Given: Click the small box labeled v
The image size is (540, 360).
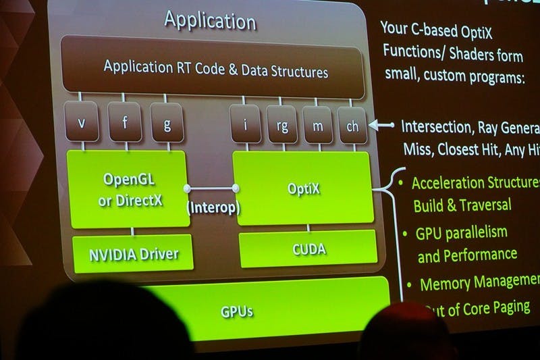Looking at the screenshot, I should [82, 124].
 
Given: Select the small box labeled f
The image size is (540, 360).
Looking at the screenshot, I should [124, 124].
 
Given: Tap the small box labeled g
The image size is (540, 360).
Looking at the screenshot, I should [167, 124].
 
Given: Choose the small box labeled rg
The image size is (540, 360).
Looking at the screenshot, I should [281, 125].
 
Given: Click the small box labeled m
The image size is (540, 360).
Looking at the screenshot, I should [317, 125].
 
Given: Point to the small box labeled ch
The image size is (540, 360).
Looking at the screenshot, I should [352, 126].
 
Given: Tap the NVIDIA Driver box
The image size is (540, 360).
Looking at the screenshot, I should [134, 254].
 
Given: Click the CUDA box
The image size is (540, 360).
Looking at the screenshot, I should [308, 249].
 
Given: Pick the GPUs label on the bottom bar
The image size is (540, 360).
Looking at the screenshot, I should [238, 312].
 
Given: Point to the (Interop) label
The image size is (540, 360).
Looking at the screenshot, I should [213, 207].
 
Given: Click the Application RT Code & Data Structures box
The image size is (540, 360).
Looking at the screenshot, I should [216, 70].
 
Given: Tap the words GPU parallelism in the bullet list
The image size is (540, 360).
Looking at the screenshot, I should [462, 234].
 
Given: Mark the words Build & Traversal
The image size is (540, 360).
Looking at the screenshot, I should [462, 204].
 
